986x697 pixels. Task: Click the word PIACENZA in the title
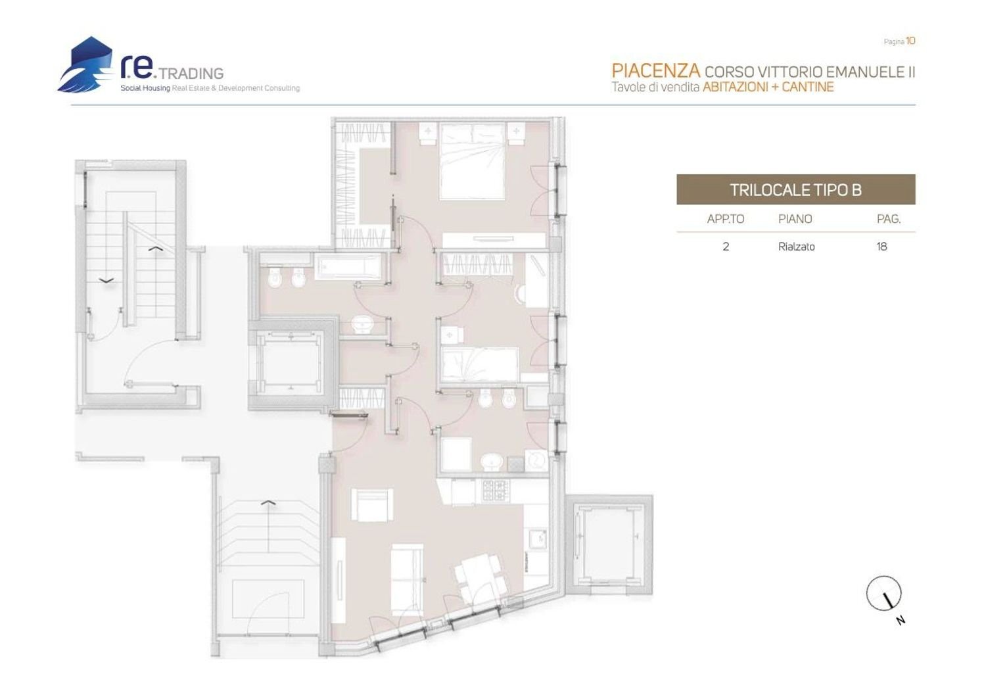click(x=655, y=71)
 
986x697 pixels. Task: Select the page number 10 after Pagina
click(x=910, y=41)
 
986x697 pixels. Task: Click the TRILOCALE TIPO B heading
click(x=795, y=190)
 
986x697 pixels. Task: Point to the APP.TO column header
click(x=726, y=219)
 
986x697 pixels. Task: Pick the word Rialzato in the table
click(x=796, y=247)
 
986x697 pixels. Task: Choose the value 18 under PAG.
click(x=881, y=247)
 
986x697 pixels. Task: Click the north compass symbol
click(x=883, y=594)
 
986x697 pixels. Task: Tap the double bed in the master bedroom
click(x=472, y=161)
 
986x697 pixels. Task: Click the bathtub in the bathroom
click(x=348, y=268)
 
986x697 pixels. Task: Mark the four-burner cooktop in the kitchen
click(x=496, y=489)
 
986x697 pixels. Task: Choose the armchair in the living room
click(x=372, y=504)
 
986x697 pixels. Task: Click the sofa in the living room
click(x=407, y=579)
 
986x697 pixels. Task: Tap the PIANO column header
click(x=795, y=219)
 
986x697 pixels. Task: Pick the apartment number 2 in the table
click(x=726, y=247)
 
